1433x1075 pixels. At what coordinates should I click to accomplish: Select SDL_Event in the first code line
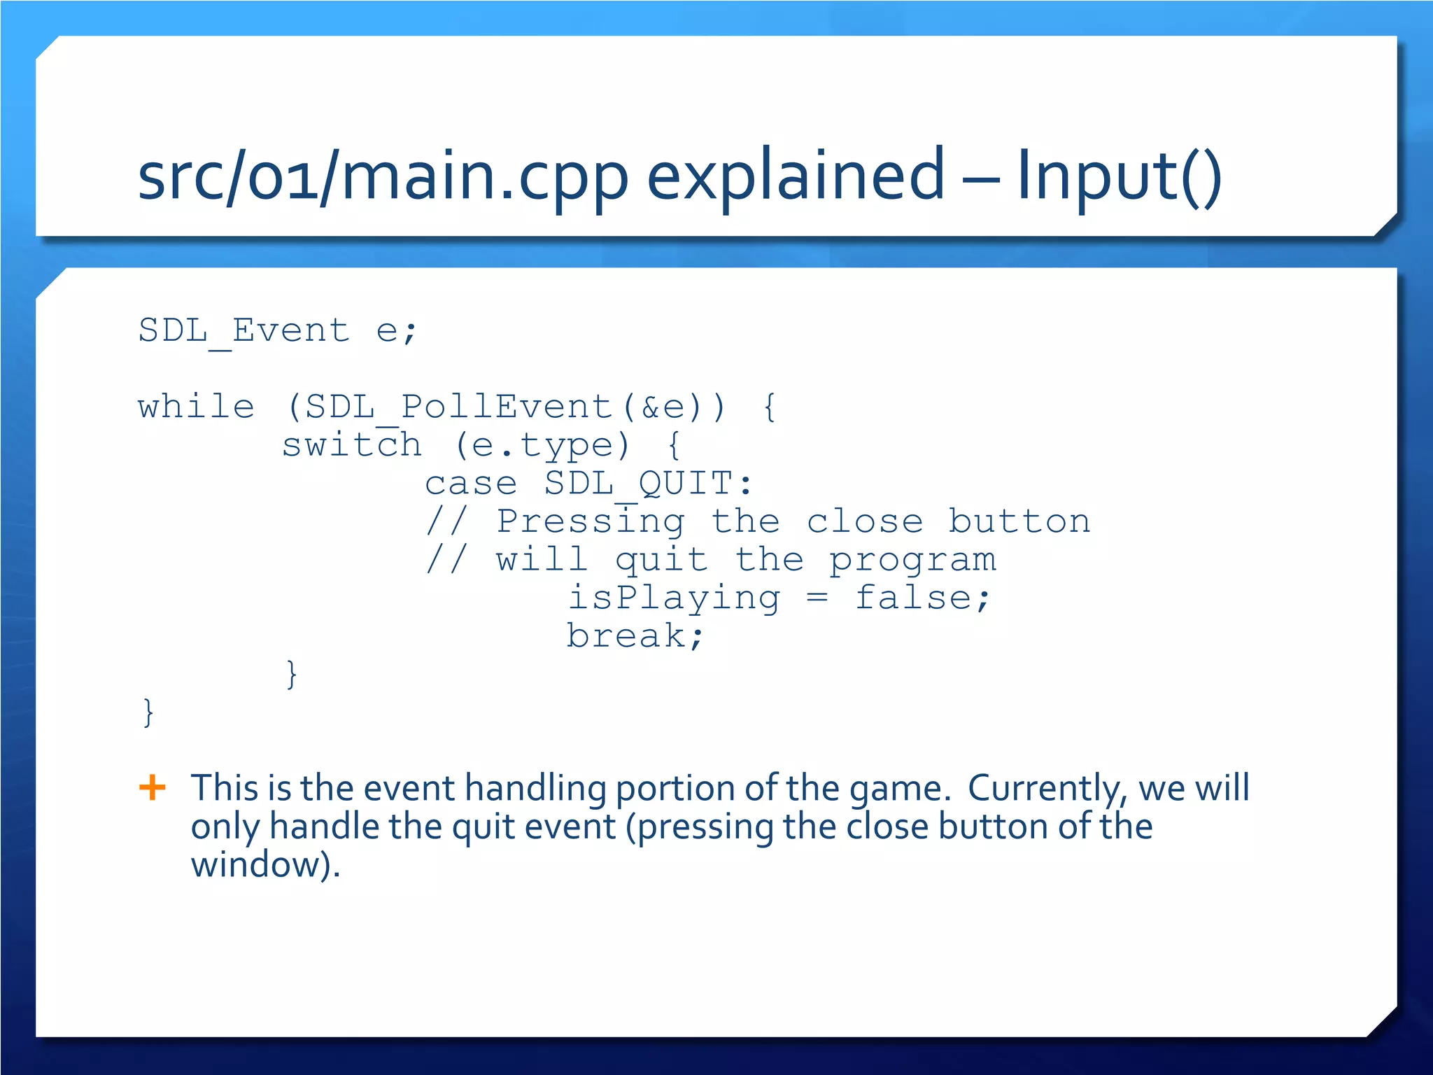coord(243,330)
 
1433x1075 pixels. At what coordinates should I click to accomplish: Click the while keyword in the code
coord(196,407)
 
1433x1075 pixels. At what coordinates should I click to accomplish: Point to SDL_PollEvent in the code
coord(459,407)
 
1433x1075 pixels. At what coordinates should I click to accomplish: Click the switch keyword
coord(351,445)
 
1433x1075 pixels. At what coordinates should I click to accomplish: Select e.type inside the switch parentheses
coord(542,446)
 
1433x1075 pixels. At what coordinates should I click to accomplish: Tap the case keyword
coord(470,484)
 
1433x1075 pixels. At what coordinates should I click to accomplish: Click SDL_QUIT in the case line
coord(638,484)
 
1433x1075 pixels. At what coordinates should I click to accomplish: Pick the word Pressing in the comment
coord(590,522)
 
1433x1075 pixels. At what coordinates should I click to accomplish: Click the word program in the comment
coord(912,561)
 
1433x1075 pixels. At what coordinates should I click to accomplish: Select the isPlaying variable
coord(673,598)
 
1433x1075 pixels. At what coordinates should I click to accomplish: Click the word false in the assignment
coord(912,598)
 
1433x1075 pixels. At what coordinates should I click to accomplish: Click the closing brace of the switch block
coord(292,674)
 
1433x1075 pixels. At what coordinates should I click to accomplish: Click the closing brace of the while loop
coord(148,712)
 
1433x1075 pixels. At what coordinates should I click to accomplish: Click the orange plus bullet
coord(153,787)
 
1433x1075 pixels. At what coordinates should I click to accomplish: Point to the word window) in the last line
coord(265,865)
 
